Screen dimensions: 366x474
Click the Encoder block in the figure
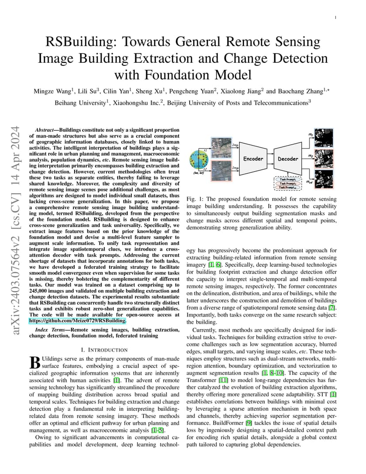(253, 159)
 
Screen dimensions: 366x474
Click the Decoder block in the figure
(288, 159)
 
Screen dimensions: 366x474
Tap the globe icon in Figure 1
(199, 161)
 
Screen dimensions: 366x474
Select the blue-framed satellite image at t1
(221, 147)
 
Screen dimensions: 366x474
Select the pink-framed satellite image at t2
(221, 171)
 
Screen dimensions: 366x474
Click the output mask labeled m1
(324, 138)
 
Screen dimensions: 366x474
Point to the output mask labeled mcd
(324, 179)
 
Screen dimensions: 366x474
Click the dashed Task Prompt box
(287, 183)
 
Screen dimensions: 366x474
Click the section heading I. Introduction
(104, 350)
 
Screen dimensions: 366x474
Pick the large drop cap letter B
(35, 362)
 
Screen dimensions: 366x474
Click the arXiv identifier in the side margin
(15, 230)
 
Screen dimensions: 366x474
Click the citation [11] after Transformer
(223, 380)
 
